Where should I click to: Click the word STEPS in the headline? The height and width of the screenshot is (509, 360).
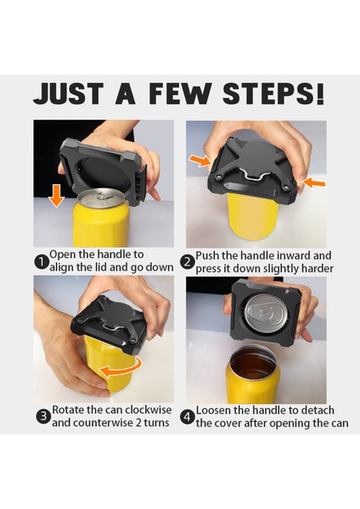pos(268,94)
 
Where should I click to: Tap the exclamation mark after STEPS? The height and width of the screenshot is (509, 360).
pos(320,94)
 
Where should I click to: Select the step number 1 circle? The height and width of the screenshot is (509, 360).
pos(42,262)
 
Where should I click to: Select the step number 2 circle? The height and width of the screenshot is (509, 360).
pos(187,262)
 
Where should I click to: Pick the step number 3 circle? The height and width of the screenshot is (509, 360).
pos(43,417)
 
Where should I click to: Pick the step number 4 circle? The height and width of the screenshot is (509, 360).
pos(188,417)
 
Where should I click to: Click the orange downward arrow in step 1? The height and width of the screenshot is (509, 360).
pos(57,196)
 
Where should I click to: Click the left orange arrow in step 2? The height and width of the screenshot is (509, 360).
pos(200,159)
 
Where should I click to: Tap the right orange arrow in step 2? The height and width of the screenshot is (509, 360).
pos(313,182)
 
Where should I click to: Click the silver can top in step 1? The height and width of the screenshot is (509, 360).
pos(102,198)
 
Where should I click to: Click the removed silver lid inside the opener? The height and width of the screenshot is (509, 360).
pos(267,312)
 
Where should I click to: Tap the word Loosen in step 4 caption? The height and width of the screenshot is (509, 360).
pos(213,411)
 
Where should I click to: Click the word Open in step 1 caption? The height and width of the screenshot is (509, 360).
pos(62,255)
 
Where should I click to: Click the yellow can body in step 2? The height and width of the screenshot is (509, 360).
pos(250,216)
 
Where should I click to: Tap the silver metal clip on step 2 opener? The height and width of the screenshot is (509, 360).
pos(254,171)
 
